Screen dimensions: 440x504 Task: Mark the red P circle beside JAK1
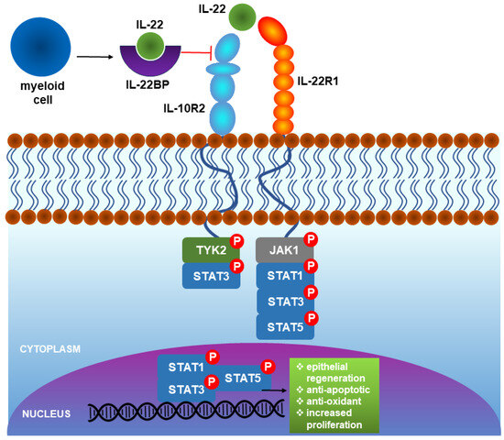(310, 241)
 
